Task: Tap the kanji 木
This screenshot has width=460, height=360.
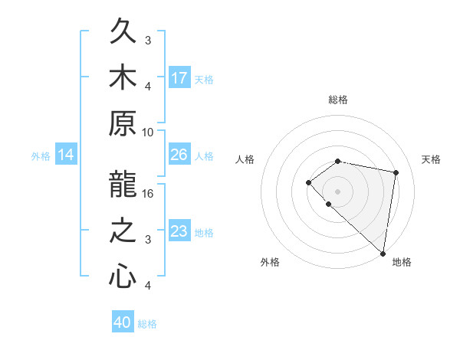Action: [x=123, y=77]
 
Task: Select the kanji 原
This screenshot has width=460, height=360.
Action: [x=123, y=124]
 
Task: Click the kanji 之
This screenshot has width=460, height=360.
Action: [x=123, y=231]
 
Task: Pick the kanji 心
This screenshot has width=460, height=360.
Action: [x=123, y=277]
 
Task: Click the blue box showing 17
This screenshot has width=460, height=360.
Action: [x=179, y=77]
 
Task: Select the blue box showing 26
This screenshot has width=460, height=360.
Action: [x=179, y=155]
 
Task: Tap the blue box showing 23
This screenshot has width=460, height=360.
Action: [x=179, y=231]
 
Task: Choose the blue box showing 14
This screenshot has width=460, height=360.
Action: [x=66, y=155]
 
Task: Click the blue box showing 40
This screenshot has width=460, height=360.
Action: [x=123, y=322]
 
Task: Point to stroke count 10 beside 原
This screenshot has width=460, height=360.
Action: [x=149, y=132]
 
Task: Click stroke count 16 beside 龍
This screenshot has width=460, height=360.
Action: [x=149, y=193]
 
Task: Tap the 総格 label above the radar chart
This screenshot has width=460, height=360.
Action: [x=338, y=100]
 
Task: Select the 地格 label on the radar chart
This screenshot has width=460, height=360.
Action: [x=402, y=262]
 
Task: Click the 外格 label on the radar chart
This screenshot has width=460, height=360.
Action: [x=270, y=262]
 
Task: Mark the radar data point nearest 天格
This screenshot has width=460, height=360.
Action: [x=396, y=172]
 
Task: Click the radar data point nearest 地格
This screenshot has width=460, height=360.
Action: [x=383, y=253]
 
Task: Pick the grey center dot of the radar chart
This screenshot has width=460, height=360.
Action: [x=338, y=191]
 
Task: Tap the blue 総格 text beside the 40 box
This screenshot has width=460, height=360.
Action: [x=147, y=324]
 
